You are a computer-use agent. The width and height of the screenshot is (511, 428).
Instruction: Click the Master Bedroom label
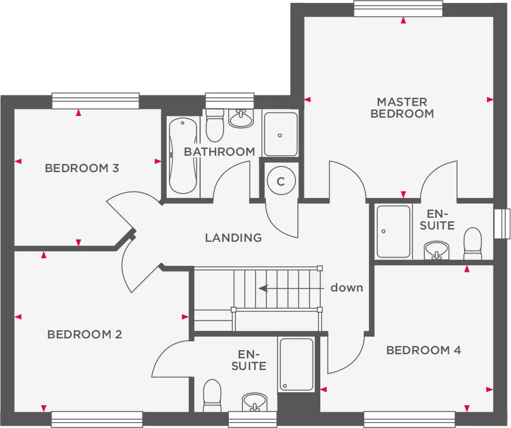tap(402, 108)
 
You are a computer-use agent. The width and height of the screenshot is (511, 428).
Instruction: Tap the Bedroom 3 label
tap(82, 168)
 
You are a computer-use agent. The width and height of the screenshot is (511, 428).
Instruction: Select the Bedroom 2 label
tap(84, 334)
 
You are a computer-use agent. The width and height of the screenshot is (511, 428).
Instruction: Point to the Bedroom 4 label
tap(424, 350)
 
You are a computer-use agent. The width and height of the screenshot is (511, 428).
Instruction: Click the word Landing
tap(233, 238)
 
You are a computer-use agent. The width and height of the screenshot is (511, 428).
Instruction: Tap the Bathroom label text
tap(219, 152)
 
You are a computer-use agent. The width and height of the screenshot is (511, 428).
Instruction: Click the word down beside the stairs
tap(347, 287)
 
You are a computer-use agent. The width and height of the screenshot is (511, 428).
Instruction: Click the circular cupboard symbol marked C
tap(281, 180)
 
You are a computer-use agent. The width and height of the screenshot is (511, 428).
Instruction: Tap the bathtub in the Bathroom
tap(184, 156)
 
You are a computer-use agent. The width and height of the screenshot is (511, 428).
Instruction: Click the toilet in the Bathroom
tap(215, 125)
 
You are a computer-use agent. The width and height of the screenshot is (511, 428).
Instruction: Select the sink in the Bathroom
tap(241, 118)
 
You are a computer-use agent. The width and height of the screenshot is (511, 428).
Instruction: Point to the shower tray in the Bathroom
tap(280, 134)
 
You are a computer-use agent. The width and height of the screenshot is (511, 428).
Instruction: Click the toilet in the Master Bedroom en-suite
tap(472, 243)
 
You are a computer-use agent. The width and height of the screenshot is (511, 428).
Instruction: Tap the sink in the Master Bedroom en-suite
tap(436, 251)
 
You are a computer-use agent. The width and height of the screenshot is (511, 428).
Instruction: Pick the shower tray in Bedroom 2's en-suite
tap(296, 364)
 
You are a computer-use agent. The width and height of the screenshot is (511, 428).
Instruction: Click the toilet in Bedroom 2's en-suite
tap(212, 395)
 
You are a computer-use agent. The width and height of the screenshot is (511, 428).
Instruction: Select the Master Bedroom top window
tap(398, 8)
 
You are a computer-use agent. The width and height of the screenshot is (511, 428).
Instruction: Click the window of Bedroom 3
tap(96, 101)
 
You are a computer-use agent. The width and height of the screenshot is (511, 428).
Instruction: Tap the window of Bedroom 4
tap(410, 420)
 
